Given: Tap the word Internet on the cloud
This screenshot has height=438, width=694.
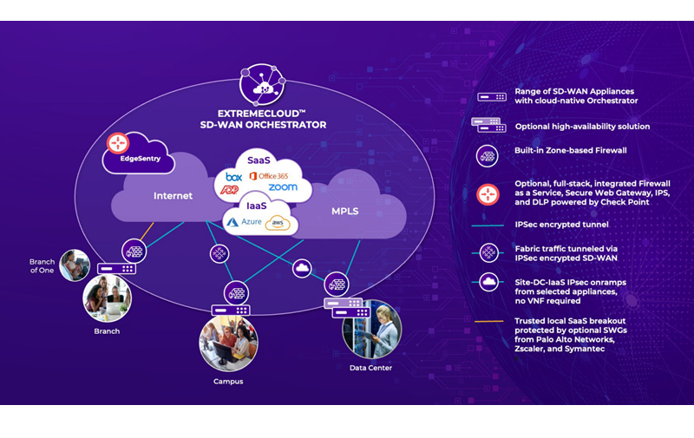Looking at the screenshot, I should (x=173, y=196).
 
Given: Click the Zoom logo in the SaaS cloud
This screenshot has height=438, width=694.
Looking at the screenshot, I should (x=283, y=187).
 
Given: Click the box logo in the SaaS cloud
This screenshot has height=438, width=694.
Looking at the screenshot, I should (x=233, y=176).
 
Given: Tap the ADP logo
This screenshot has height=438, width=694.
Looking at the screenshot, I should (x=233, y=189).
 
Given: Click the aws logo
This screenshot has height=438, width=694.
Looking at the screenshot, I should (x=278, y=223).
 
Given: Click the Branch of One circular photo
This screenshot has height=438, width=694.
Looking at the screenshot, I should (x=75, y=264).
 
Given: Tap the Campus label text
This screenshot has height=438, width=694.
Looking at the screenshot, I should (x=228, y=381).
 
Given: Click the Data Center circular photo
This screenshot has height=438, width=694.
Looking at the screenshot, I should (x=371, y=330).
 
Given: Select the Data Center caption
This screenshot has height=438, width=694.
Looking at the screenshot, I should (x=370, y=368).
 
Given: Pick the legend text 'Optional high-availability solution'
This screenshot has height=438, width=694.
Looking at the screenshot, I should (x=582, y=127).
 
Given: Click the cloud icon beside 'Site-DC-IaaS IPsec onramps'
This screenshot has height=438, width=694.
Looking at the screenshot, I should (x=488, y=281).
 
